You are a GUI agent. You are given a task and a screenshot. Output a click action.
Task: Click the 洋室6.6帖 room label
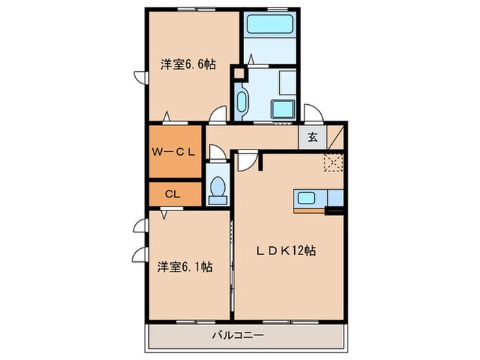click(189, 65)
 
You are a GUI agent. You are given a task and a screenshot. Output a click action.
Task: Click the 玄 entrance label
click(312, 137)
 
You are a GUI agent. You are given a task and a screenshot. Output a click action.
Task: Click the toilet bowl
click(219, 187)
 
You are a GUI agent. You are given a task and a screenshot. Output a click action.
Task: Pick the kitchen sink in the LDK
click(306, 199)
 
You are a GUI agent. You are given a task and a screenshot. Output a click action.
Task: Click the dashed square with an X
click(335, 162)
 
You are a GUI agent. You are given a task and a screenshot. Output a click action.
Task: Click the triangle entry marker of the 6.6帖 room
click(167, 116)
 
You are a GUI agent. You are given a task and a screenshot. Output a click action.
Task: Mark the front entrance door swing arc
click(311, 114)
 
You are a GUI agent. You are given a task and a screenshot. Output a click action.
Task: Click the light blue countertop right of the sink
click(335, 199)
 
